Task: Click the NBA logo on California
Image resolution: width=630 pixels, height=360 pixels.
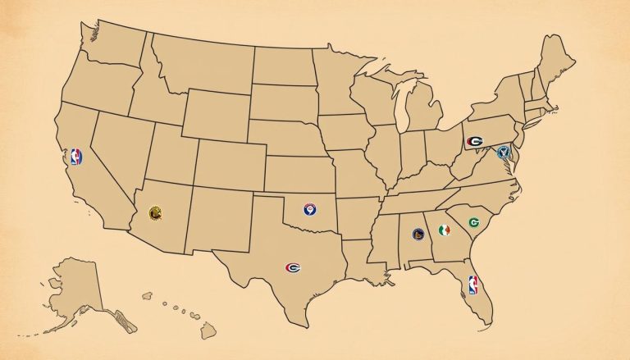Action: coord(76,157)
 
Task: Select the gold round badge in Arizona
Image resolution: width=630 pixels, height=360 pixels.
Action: coord(153,212)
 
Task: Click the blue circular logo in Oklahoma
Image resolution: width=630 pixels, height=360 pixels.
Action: coord(310,210)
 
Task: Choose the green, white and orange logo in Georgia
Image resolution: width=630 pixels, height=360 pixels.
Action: coord(445,230)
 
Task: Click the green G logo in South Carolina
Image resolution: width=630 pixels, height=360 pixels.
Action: coord(473,222)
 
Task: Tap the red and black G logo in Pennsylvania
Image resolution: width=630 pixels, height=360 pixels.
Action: coord(474,141)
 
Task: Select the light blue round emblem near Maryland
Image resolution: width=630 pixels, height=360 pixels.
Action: coord(504,151)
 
